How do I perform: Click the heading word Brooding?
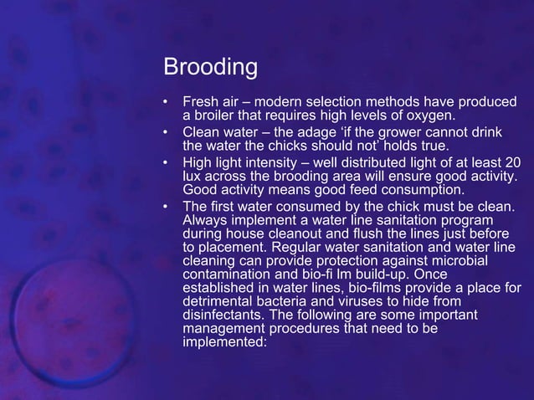click(210, 66)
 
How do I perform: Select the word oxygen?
click(431, 115)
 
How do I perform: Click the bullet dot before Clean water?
click(166, 134)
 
